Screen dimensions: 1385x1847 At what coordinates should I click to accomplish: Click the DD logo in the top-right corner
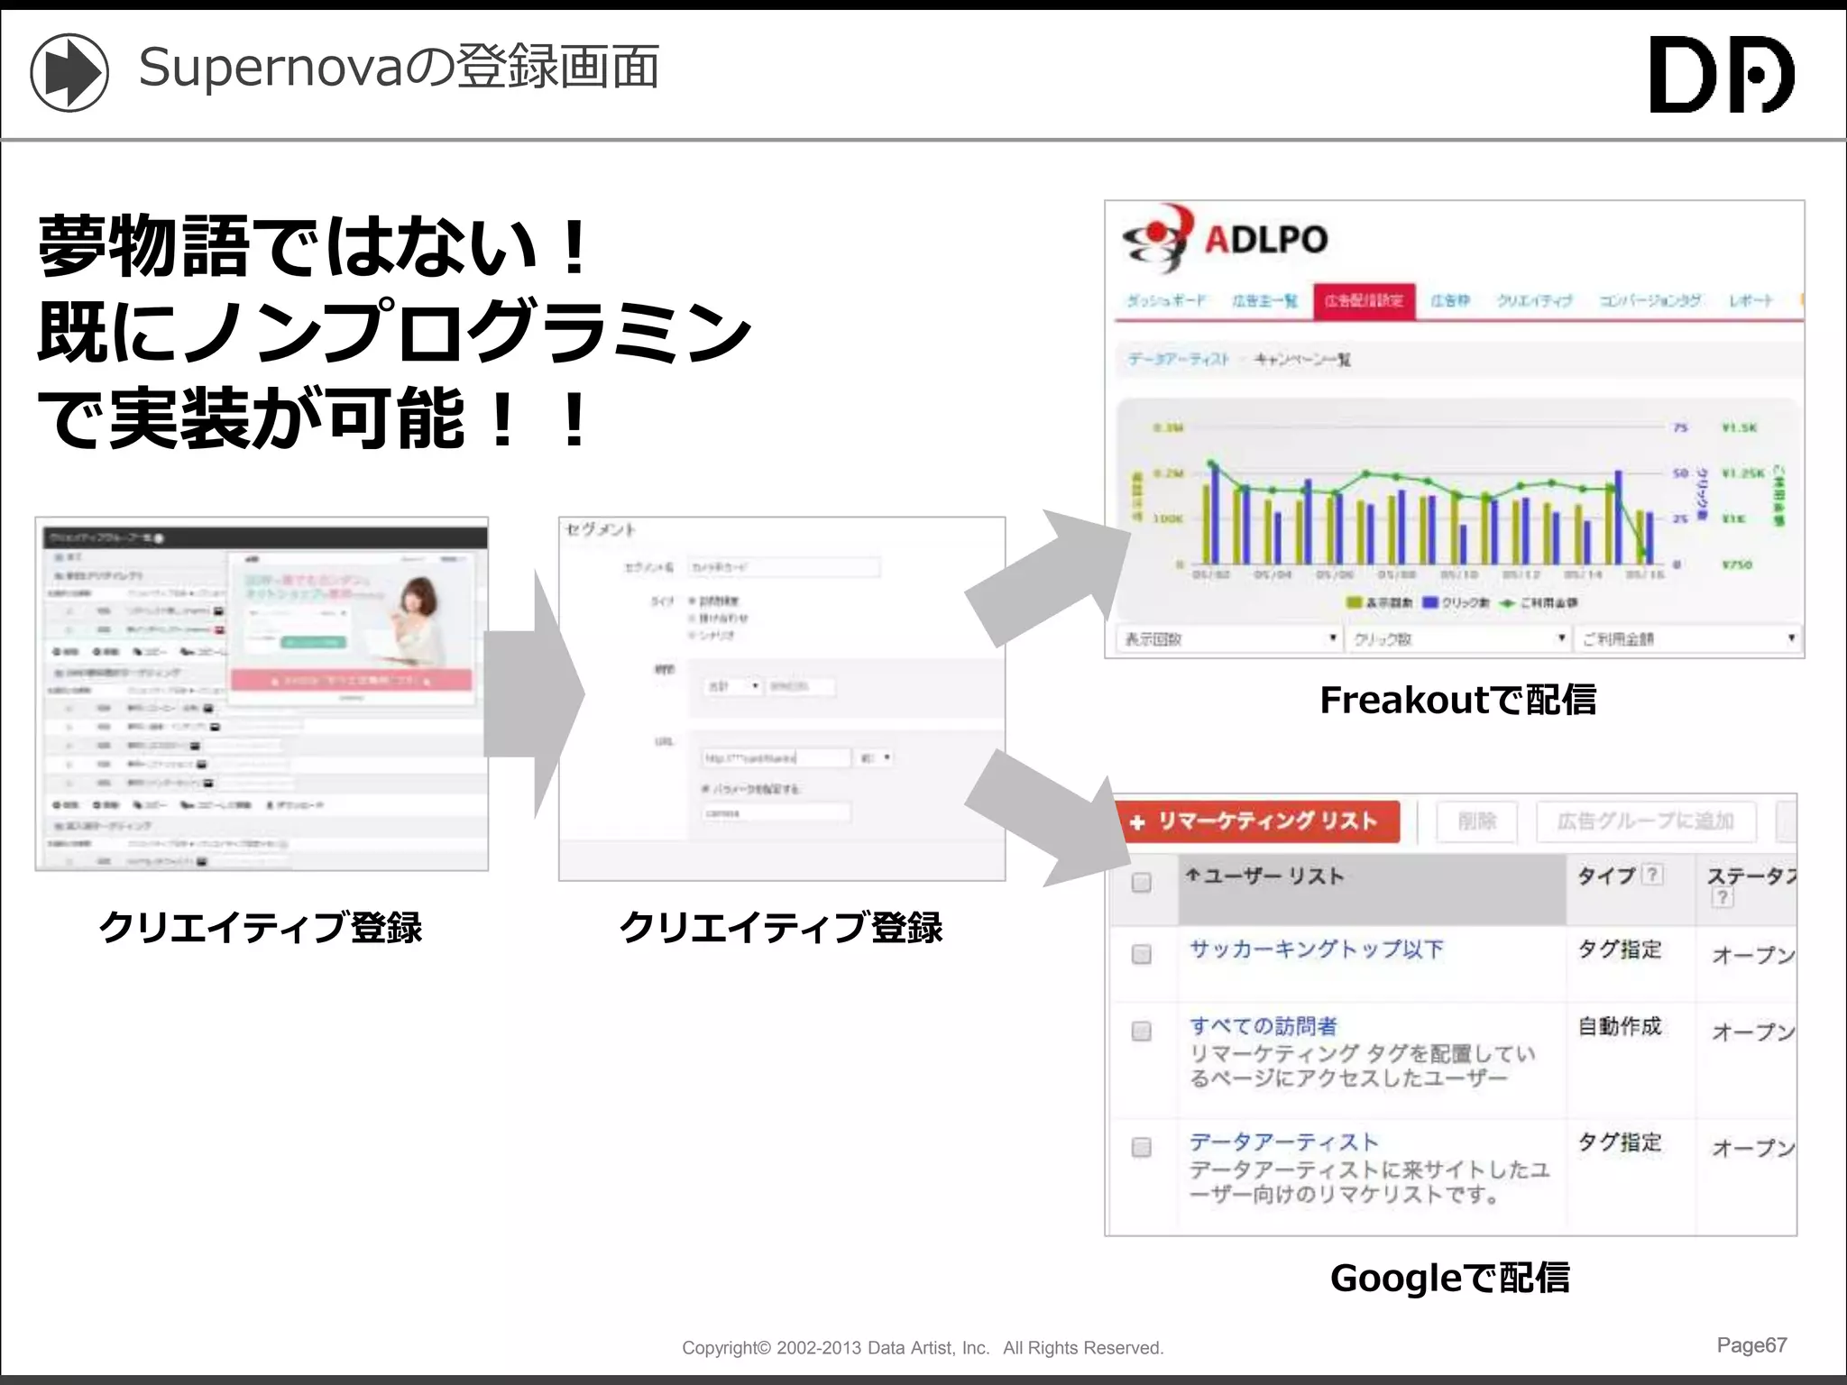[1721, 74]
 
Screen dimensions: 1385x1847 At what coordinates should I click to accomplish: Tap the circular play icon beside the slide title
[69, 73]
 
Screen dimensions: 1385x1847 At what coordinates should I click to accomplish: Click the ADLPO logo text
[1265, 240]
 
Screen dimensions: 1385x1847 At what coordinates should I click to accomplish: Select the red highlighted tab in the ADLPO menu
[1364, 301]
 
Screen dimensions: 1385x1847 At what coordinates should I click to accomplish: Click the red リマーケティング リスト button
[1257, 821]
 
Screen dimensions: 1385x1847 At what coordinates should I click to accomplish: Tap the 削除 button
[1477, 821]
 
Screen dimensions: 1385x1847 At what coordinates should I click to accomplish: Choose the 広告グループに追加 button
[1645, 821]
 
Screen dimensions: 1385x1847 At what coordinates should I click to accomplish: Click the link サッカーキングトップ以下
[1316, 949]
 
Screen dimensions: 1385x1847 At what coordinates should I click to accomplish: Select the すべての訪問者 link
[1263, 1026]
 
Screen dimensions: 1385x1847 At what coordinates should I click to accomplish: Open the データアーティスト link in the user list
[1283, 1142]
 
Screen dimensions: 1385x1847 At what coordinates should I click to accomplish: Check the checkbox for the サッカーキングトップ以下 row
[1142, 954]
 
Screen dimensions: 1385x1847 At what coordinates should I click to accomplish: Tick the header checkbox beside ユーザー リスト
[1142, 882]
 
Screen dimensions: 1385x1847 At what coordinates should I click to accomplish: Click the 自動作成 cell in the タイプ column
[1619, 1026]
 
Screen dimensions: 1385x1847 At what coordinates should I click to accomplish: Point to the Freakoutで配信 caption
[1457, 700]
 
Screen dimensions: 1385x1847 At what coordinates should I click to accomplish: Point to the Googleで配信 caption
[1449, 1278]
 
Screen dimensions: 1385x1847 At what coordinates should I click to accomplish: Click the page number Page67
[1751, 1345]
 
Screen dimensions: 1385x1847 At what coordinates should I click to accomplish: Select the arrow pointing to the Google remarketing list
[1046, 816]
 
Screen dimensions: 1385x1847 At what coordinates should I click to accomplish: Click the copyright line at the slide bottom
[923, 1348]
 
